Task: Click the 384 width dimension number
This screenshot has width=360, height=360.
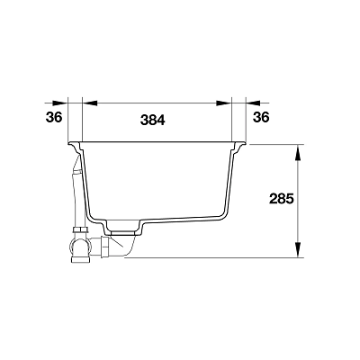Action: [153, 121]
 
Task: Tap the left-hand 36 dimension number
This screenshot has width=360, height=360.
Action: [54, 117]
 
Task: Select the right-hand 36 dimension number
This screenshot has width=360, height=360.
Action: [261, 117]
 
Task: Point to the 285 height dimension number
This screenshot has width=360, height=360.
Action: [281, 199]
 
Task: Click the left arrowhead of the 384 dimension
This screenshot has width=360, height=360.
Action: [90, 103]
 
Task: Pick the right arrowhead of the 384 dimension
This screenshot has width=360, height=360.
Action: [224, 103]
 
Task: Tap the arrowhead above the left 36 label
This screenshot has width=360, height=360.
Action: [60, 103]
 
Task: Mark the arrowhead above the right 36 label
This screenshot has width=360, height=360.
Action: [254, 103]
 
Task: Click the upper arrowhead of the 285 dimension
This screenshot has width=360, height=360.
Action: [298, 152]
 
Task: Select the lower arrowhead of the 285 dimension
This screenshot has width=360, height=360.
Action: [298, 249]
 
